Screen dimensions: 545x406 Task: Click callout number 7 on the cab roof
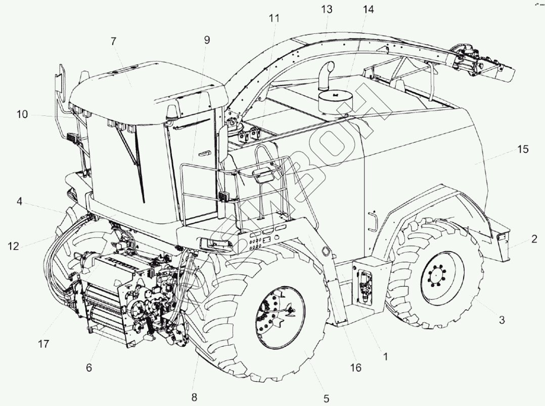pyautogui.click(x=113, y=42)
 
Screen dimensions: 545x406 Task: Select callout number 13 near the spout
pyautogui.click(x=327, y=9)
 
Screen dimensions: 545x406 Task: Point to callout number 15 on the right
pyautogui.click(x=523, y=149)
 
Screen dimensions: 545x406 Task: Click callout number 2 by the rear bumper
pyautogui.click(x=534, y=239)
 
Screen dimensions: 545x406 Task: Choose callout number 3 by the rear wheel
pyautogui.click(x=502, y=320)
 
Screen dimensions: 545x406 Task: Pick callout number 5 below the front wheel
pyautogui.click(x=326, y=398)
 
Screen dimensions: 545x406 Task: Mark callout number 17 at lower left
pyautogui.click(x=43, y=344)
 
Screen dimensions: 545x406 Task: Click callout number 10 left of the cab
pyautogui.click(x=22, y=114)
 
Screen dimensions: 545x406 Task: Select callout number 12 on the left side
pyautogui.click(x=13, y=247)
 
